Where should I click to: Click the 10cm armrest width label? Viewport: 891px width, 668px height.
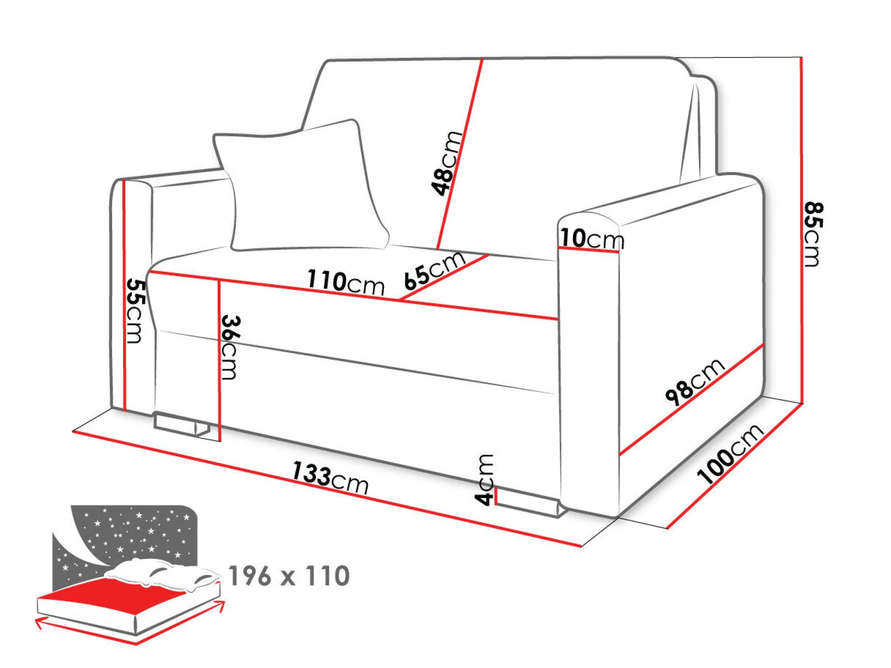592,239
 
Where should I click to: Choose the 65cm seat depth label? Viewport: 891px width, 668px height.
434,271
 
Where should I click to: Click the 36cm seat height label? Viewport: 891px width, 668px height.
230,347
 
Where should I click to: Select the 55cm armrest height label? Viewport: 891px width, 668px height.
135,310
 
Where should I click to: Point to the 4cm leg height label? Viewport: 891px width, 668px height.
485,480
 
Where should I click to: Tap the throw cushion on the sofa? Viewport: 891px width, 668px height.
302,186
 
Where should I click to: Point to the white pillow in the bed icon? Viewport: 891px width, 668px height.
161,574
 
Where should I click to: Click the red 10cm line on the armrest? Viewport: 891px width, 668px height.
589,250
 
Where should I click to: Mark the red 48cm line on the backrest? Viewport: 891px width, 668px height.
460,154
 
